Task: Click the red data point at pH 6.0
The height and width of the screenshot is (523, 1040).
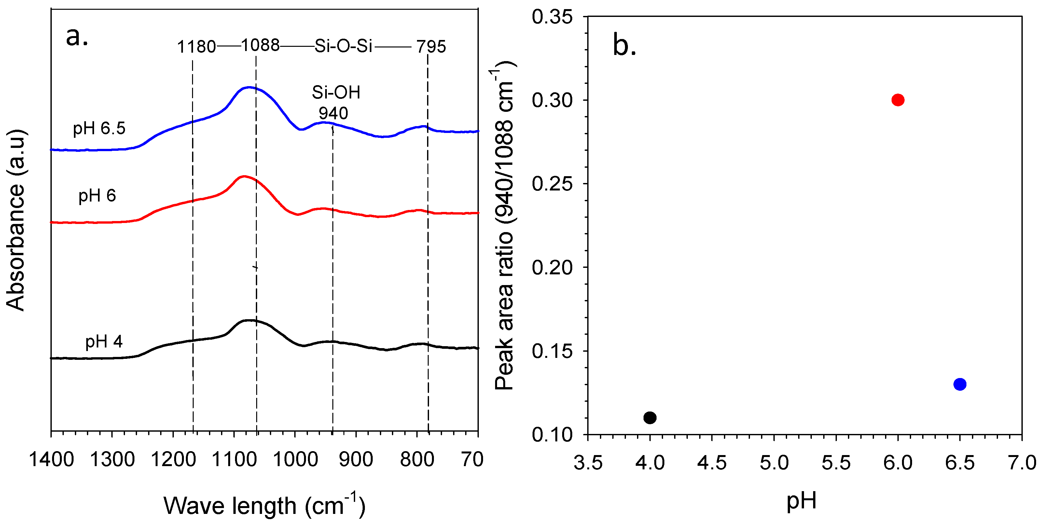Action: [897, 100]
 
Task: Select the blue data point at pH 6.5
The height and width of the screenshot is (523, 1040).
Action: [960, 384]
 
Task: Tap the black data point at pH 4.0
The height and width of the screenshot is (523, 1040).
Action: [650, 417]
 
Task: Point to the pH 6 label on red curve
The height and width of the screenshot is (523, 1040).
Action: [97, 196]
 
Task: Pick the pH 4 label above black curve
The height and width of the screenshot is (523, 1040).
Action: [104, 342]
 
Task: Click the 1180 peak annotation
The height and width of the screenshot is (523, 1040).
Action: [196, 47]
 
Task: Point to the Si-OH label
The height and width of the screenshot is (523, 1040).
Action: [336, 92]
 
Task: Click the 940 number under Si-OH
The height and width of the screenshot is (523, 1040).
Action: [333, 113]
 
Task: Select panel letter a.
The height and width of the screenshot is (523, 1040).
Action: [77, 37]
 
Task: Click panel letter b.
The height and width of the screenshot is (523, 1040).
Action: [624, 45]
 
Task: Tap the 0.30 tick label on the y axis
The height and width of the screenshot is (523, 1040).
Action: [552, 100]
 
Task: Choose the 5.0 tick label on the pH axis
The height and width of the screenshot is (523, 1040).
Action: [774, 462]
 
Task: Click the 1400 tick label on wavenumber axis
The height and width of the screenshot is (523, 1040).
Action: [51, 459]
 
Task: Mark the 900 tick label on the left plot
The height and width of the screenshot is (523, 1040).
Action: [356, 459]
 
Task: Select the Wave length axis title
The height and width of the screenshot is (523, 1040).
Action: [264, 505]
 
